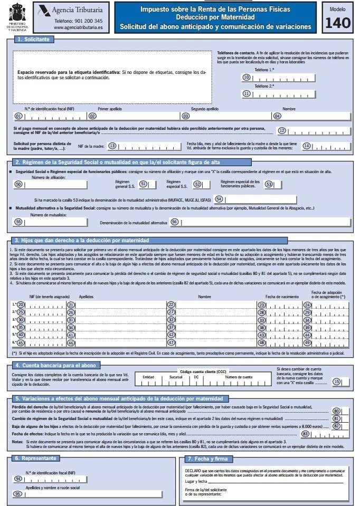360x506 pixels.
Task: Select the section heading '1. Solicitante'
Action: coord(32,39)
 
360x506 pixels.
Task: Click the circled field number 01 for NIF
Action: coord(18,116)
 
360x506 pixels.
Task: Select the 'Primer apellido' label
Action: coord(110,109)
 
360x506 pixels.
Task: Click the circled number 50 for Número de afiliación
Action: coord(18,185)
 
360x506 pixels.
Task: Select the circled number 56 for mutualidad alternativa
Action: coord(175,223)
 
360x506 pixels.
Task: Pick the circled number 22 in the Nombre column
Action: coord(170,304)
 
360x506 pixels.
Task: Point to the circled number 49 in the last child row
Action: coord(307,342)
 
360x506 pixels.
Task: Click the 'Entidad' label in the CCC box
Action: coord(148,377)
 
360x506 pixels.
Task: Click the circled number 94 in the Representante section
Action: coord(18,479)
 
